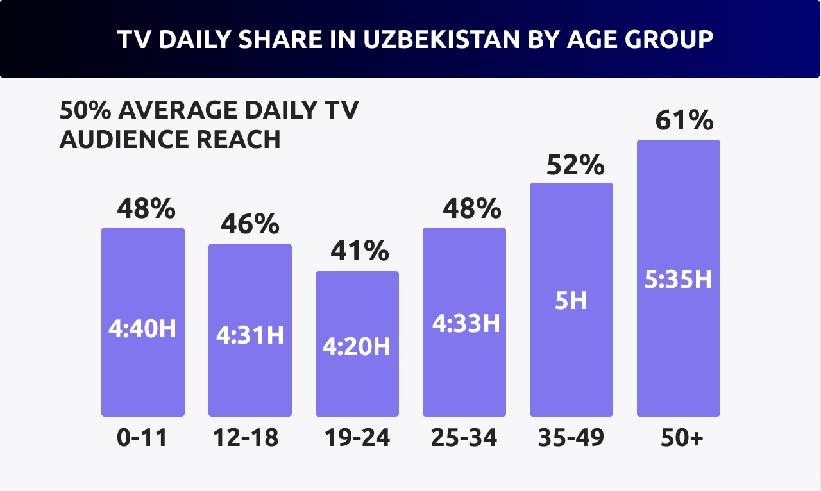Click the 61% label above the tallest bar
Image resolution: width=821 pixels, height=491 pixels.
coord(684,121)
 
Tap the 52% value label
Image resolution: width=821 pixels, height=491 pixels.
coord(575,165)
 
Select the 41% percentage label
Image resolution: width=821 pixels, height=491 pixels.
coord(360,251)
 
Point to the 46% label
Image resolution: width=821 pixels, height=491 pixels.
coord(250,224)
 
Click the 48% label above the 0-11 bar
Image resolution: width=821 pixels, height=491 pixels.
coord(146,208)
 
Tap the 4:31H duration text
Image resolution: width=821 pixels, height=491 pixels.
coord(250,335)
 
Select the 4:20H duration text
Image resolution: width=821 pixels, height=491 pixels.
coord(357,347)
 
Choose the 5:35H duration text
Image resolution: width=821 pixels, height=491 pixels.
coord(678,279)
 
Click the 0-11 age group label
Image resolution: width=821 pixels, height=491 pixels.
coord(142,438)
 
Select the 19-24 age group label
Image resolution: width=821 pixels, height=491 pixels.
coord(357,438)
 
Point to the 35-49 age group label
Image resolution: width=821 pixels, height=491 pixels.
coord(571,438)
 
